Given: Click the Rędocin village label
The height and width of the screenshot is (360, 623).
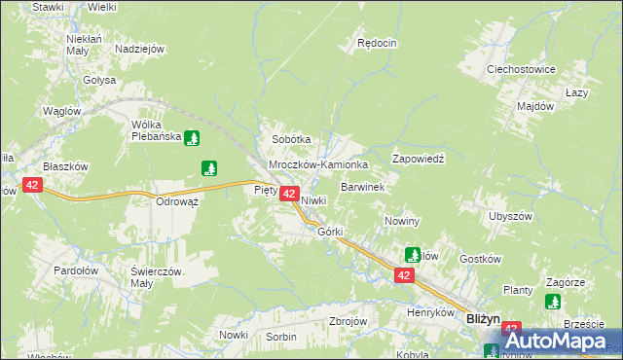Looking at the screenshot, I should coord(377,43).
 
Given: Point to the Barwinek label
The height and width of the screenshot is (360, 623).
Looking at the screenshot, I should coord(363,185).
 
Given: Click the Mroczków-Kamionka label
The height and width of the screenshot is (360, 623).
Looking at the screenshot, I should coord(318,165).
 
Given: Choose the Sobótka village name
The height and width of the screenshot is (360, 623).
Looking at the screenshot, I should coord(290,139).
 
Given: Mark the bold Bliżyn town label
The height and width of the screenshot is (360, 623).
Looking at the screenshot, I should coord(483,317).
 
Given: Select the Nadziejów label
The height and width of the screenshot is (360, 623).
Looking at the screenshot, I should coord(139,49).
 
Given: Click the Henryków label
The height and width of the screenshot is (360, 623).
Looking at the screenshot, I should coord(431,313).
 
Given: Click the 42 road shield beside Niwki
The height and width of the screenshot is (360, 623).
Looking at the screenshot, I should coord(289,195).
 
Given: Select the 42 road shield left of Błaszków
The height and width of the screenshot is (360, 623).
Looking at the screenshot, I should coord(32,185).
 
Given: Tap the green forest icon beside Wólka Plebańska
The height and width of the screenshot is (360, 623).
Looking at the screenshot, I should coord(193,137).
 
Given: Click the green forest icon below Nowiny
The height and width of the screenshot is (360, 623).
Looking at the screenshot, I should coord(412,256).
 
